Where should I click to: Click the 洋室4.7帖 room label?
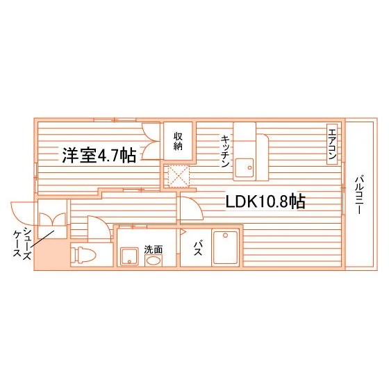pyautogui.click(x=99, y=156)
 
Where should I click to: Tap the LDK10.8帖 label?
pyautogui.click(x=265, y=201)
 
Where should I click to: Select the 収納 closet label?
pyautogui.click(x=178, y=141)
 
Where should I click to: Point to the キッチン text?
pyautogui.click(x=225, y=151)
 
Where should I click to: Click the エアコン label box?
pyautogui.click(x=332, y=144)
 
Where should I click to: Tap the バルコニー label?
pyautogui.click(x=359, y=194)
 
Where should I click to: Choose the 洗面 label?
pyautogui.click(x=154, y=249)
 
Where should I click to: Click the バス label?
pyautogui.click(x=198, y=249)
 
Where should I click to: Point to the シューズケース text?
pyautogui.click(x=22, y=244)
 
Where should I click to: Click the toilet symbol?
pyautogui.click(x=83, y=255)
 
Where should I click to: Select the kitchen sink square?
pyautogui.click(x=245, y=167)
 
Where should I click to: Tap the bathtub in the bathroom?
pyautogui.click(x=226, y=247)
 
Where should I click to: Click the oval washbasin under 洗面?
pyautogui.click(x=154, y=260)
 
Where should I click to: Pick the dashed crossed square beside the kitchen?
pyautogui.click(x=179, y=176)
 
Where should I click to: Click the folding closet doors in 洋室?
pyautogui.click(x=151, y=141)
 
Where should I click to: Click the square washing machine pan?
pyautogui.click(x=129, y=256)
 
